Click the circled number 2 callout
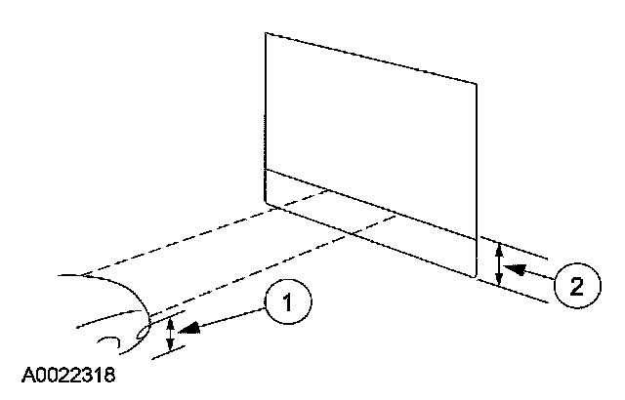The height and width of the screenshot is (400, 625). coord(575,286)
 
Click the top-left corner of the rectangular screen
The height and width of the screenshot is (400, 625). coord(266,33)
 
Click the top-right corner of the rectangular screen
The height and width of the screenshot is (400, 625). coord(476,84)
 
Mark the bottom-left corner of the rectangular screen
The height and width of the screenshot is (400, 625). coord(266,202)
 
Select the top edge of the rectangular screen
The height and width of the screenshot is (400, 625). coord(371,59)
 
